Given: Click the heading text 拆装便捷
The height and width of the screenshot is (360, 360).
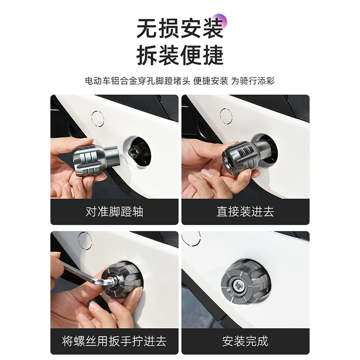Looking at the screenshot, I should tap(180, 56).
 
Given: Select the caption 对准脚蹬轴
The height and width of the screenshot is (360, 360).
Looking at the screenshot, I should tap(114, 211).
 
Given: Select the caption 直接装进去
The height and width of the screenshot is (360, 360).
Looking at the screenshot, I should tap(245, 211).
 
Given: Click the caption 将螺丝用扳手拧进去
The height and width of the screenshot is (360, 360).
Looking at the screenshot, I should tap(114, 341).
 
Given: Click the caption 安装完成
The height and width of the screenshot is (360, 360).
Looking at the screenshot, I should tap(245, 341).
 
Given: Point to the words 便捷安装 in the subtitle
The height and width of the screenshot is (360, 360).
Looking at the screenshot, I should tap(211, 81).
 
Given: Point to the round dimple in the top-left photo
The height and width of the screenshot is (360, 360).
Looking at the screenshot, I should tap(98, 118).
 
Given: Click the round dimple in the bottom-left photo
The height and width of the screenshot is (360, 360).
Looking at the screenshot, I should tap(85, 240).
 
